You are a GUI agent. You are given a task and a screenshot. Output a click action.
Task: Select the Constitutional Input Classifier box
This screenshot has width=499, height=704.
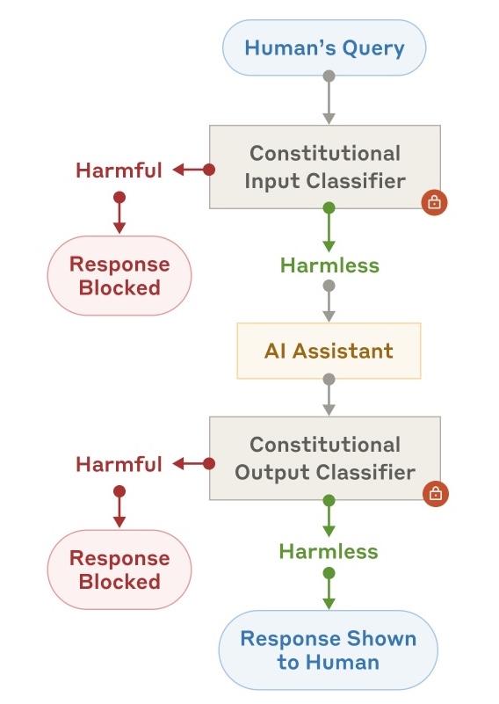[x=324, y=166]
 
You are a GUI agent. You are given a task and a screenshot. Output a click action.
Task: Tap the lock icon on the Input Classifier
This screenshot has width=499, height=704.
[x=434, y=202]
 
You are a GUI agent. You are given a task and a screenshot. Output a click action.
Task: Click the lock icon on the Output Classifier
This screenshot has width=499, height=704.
[x=434, y=493]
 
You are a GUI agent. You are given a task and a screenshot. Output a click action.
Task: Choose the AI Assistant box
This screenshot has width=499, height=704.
[x=329, y=351]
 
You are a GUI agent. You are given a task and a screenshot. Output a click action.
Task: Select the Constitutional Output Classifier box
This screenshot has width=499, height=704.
[x=324, y=458]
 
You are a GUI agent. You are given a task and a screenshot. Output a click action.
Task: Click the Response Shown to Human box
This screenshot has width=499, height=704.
[x=328, y=650]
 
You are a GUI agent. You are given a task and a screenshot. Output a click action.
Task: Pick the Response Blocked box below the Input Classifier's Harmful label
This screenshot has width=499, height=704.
[x=119, y=275]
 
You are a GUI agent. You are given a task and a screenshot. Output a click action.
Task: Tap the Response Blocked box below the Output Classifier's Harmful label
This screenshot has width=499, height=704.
[x=119, y=570]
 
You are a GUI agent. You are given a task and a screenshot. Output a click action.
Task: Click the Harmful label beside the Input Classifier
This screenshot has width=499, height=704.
[x=119, y=170]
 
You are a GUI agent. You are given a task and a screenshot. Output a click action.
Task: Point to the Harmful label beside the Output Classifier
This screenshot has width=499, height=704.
[x=119, y=463]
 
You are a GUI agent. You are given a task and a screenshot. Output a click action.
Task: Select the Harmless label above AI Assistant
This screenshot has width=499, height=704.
[x=329, y=265]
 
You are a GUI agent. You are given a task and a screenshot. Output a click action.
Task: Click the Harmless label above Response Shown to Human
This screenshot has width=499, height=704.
[x=329, y=551]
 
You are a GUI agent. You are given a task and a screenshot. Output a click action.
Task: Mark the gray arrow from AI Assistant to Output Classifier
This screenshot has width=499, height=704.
[x=329, y=396]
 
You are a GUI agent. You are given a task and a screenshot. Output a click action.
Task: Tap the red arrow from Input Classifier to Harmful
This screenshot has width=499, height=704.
[x=191, y=170]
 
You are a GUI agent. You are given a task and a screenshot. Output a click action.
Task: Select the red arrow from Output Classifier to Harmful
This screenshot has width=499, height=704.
[x=191, y=463]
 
